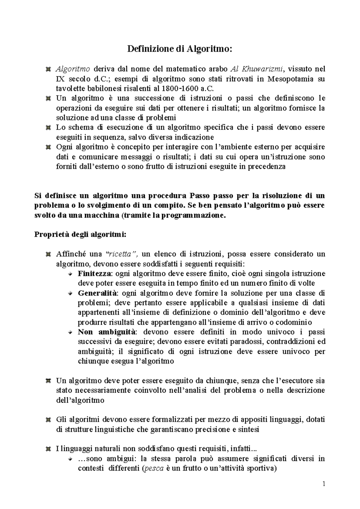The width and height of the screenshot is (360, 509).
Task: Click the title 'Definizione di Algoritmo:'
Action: click(x=180, y=49)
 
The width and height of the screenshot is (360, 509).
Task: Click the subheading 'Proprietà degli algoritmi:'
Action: click(x=81, y=234)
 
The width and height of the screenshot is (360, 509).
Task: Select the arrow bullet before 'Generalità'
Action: click(x=70, y=293)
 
